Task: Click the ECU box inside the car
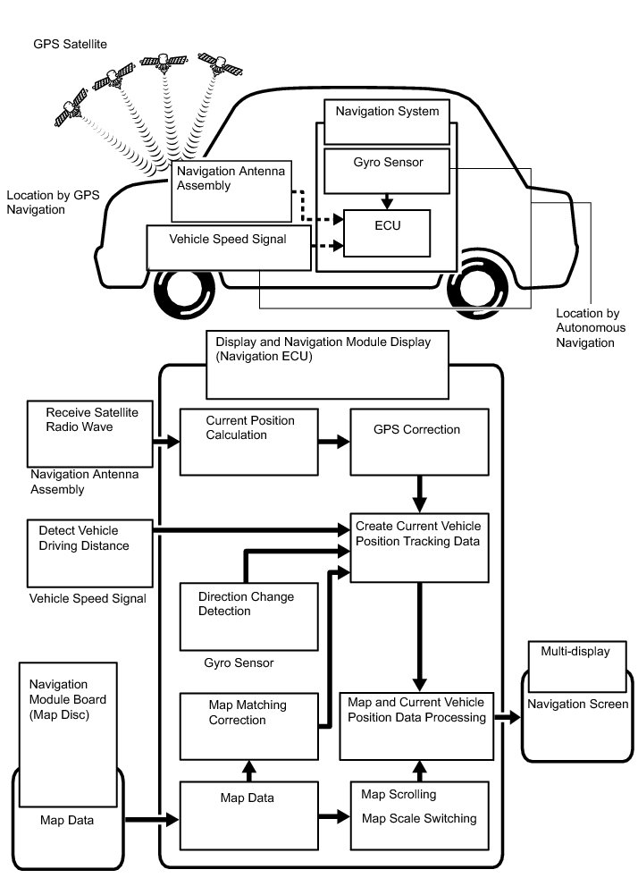coord(387,232)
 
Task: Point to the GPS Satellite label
coord(71,43)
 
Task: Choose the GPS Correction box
coord(419,442)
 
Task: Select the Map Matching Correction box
coord(248,724)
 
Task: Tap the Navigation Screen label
coord(577,705)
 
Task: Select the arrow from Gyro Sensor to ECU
coord(387,201)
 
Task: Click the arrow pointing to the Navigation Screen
coord(507,718)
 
